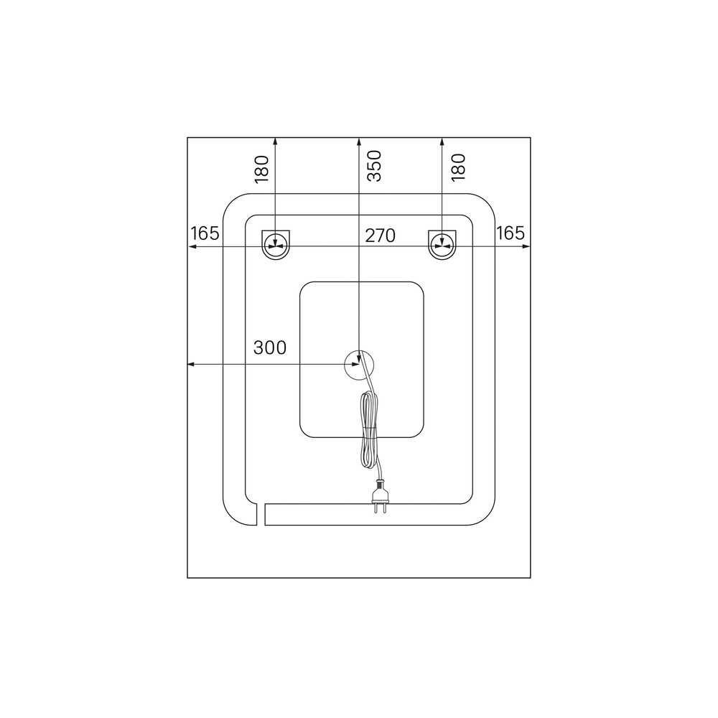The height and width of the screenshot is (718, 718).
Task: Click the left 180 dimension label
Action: pyautogui.click(x=261, y=169)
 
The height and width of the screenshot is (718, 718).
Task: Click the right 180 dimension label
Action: pyautogui.click(x=458, y=167)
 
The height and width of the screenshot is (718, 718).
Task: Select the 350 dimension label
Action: pyautogui.click(x=375, y=166)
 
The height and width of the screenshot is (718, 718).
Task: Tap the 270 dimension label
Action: pyautogui.click(x=380, y=236)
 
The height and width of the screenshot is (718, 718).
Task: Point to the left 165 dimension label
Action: pyautogui.click(x=205, y=233)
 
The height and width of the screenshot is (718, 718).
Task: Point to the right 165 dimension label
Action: pyautogui.click(x=510, y=233)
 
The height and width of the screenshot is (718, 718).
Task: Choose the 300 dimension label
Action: pyautogui.click(x=270, y=348)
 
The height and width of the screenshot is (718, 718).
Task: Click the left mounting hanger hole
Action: pyautogui.click(x=276, y=245)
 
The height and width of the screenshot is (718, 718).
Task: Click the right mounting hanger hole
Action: pyautogui.click(x=442, y=245)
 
